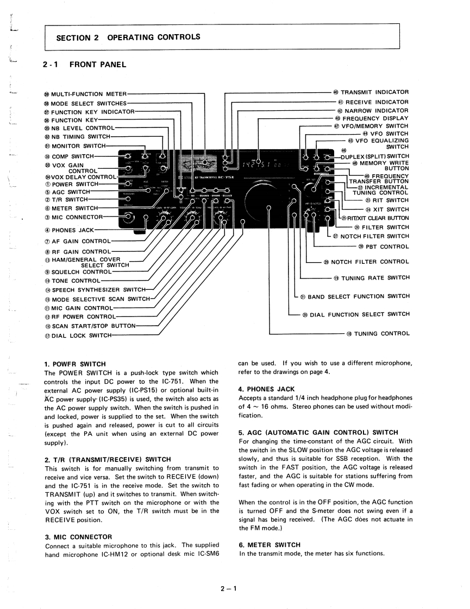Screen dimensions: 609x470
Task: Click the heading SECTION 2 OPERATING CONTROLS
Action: point(128,37)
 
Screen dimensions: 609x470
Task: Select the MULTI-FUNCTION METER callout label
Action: point(89,94)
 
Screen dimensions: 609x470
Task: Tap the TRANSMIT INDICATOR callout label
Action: point(374,92)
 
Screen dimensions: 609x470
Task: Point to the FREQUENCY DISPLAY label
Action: point(375,118)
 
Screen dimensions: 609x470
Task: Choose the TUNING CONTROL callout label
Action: point(381,333)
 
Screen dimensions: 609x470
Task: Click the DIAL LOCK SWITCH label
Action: point(81,335)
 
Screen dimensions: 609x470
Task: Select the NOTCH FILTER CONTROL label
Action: point(369,262)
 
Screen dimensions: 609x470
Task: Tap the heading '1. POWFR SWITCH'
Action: point(75,364)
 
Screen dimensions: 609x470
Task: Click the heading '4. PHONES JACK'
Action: point(266,389)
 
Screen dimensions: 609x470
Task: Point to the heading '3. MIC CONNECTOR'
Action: point(78,537)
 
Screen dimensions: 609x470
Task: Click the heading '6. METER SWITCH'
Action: point(270,544)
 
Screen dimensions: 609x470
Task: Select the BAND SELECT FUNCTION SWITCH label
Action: point(359,297)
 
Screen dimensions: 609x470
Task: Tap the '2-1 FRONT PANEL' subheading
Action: point(84,65)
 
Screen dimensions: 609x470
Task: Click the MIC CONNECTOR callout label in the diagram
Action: point(77,218)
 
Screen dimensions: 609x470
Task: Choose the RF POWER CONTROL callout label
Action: point(83,316)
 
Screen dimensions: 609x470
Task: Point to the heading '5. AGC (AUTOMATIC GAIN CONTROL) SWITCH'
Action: point(318,433)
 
